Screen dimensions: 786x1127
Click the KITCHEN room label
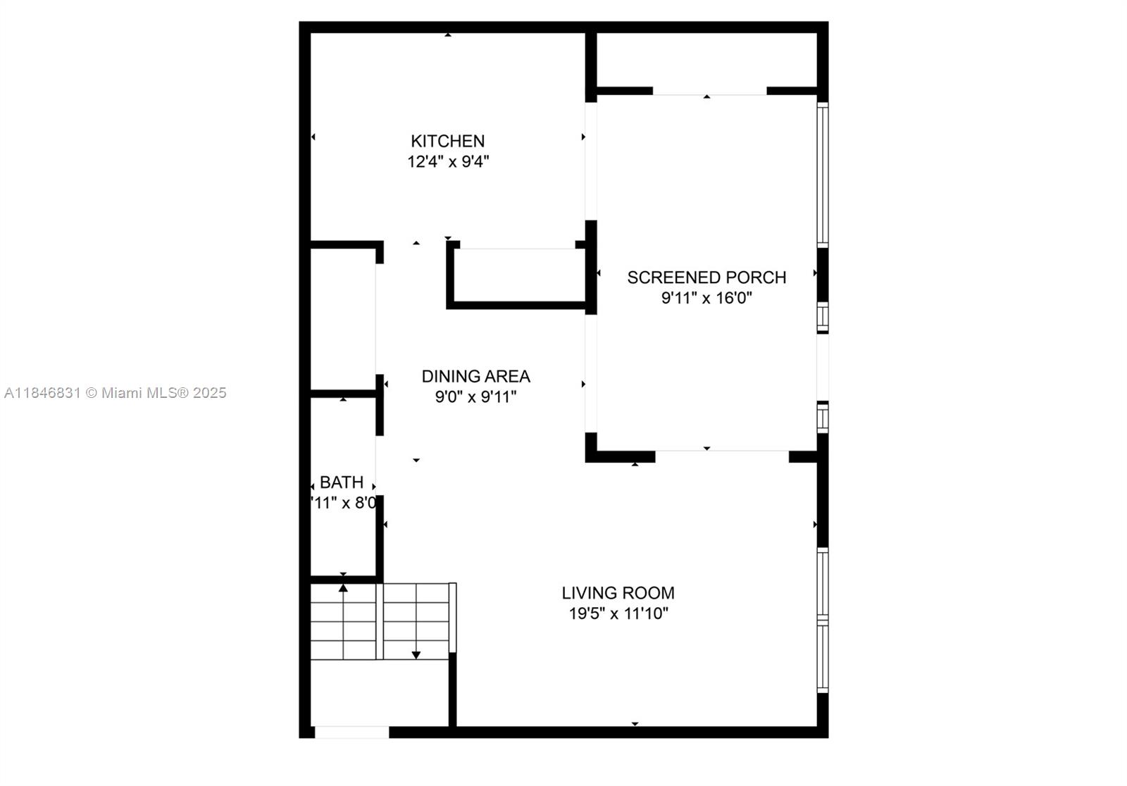pyautogui.click(x=447, y=141)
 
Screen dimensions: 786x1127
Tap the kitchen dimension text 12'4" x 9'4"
pyautogui.click(x=447, y=162)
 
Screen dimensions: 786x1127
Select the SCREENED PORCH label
pyautogui.click(x=706, y=277)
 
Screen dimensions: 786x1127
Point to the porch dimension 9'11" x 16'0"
pyautogui.click(x=706, y=298)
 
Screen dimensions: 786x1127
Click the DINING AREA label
pyautogui.click(x=475, y=376)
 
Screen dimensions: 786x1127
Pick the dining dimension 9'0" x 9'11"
pyautogui.click(x=475, y=397)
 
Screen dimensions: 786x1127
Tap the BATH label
pyautogui.click(x=342, y=482)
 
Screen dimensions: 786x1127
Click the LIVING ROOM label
pyautogui.click(x=618, y=593)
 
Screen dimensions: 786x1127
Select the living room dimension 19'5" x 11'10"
pyautogui.click(x=618, y=613)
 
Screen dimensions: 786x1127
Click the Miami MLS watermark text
pyautogui.click(x=116, y=393)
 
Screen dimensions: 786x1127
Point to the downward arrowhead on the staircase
pyautogui.click(x=416, y=655)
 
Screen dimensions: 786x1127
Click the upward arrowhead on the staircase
pyautogui.click(x=343, y=587)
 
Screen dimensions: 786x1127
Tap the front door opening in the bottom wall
pyautogui.click(x=351, y=732)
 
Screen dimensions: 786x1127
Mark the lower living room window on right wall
pyautogui.click(x=822, y=657)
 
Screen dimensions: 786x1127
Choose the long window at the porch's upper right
pyautogui.click(x=822, y=174)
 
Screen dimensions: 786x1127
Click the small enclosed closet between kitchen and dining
pyautogui.click(x=518, y=277)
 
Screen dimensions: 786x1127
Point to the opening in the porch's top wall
pyautogui.click(x=709, y=91)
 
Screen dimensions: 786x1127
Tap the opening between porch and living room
pyautogui.click(x=721, y=456)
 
